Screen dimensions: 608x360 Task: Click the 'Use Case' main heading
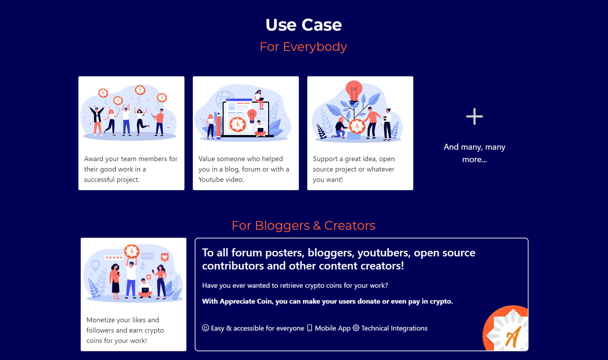[304, 25]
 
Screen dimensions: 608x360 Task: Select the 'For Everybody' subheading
[303, 47]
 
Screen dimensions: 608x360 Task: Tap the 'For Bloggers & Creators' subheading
[304, 225]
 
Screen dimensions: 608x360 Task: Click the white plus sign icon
[475, 116]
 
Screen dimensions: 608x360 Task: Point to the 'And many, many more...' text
[475, 153]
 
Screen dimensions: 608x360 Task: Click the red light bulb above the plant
[354, 91]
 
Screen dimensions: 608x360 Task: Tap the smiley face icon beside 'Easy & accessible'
[205, 328]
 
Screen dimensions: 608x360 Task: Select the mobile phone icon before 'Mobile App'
[310, 328]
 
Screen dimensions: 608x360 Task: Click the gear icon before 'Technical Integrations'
[356, 328]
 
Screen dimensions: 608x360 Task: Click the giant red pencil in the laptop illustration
[219, 126]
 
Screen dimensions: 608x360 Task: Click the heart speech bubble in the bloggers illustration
[165, 257]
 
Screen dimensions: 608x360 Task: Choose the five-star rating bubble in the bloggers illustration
[114, 257]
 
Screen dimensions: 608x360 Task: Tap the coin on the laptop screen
[238, 124]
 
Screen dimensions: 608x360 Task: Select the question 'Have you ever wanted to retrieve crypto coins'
[295, 285]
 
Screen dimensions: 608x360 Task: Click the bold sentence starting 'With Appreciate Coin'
[328, 302]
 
